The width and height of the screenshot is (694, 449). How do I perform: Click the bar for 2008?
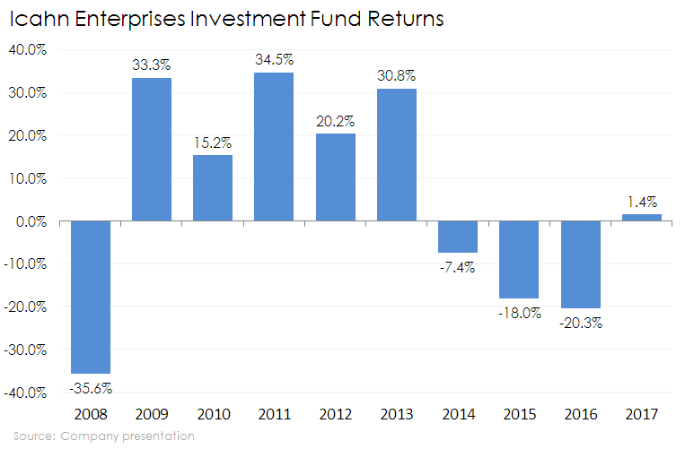coord(91,297)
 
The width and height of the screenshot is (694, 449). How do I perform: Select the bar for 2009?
coord(152,149)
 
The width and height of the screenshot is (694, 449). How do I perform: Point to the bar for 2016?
coord(580,264)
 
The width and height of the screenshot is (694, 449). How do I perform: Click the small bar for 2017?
coord(641,218)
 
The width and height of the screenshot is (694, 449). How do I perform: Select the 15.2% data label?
coord(213,142)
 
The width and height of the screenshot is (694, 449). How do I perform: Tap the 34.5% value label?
coord(274,59)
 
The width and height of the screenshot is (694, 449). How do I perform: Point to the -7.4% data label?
coord(457,266)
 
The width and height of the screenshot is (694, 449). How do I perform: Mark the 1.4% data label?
coord(641,201)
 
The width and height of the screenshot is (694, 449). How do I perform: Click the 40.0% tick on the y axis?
coord(28,50)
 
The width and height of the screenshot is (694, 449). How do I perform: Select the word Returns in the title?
coord(400,19)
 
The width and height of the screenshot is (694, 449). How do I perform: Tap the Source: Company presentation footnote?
coord(103,436)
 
